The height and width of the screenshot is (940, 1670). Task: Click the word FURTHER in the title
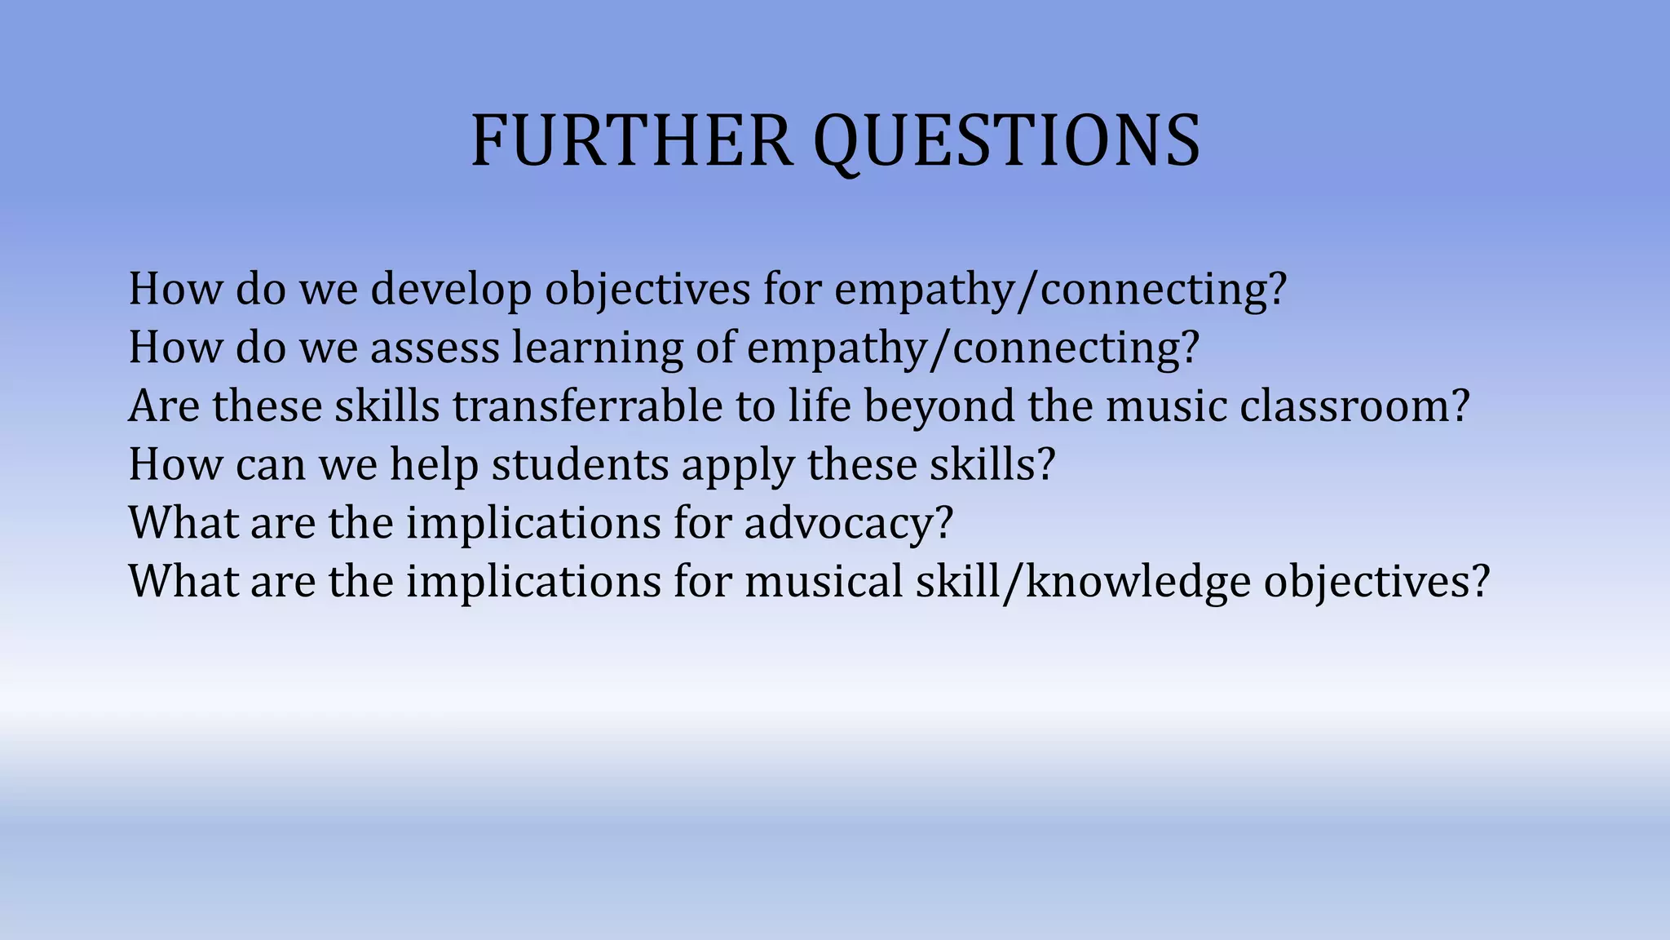click(x=632, y=140)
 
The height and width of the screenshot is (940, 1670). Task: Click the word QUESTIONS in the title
click(x=1007, y=142)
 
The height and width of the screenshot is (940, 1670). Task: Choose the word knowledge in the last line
click(x=1138, y=582)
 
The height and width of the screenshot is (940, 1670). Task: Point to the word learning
click(x=597, y=348)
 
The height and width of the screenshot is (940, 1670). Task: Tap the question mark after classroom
click(x=1460, y=406)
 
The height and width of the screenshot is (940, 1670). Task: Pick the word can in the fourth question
click(x=270, y=464)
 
